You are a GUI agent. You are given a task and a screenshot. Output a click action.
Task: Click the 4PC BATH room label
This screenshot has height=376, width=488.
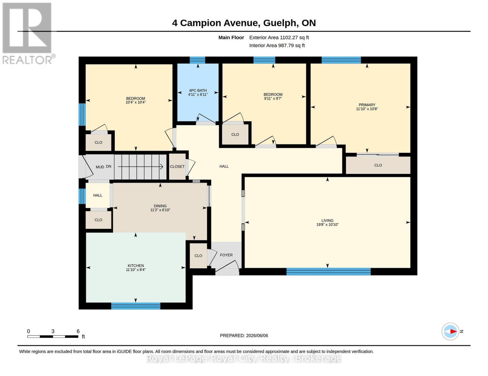198,90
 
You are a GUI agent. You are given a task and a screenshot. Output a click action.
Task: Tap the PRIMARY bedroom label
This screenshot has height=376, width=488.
367,105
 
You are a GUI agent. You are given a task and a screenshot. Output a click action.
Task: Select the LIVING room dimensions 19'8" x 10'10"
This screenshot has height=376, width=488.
327,225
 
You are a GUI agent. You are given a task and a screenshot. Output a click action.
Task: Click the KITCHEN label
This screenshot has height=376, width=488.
136,266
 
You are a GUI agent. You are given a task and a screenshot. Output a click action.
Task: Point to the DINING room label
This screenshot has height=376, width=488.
160,206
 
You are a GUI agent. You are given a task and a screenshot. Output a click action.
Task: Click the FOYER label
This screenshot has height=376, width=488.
226,255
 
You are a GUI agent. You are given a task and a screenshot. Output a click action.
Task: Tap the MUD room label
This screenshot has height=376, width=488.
100,167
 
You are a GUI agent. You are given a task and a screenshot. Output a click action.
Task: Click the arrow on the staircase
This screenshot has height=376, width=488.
140,166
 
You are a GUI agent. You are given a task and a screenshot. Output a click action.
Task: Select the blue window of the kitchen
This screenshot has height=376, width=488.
136,306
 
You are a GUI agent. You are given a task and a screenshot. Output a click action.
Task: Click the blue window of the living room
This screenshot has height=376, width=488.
328,272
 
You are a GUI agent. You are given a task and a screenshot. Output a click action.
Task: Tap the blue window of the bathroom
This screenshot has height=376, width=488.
198,60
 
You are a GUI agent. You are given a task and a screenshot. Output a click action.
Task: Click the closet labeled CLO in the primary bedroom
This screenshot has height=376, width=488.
378,165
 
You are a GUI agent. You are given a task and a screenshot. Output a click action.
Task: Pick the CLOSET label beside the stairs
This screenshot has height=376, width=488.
177,166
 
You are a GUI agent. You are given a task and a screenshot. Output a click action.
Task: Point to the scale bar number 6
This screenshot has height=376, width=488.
78,331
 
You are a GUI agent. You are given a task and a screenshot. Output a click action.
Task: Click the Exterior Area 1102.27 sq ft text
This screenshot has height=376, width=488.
279,37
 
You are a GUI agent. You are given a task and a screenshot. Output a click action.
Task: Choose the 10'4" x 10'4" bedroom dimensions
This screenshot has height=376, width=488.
136,102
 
